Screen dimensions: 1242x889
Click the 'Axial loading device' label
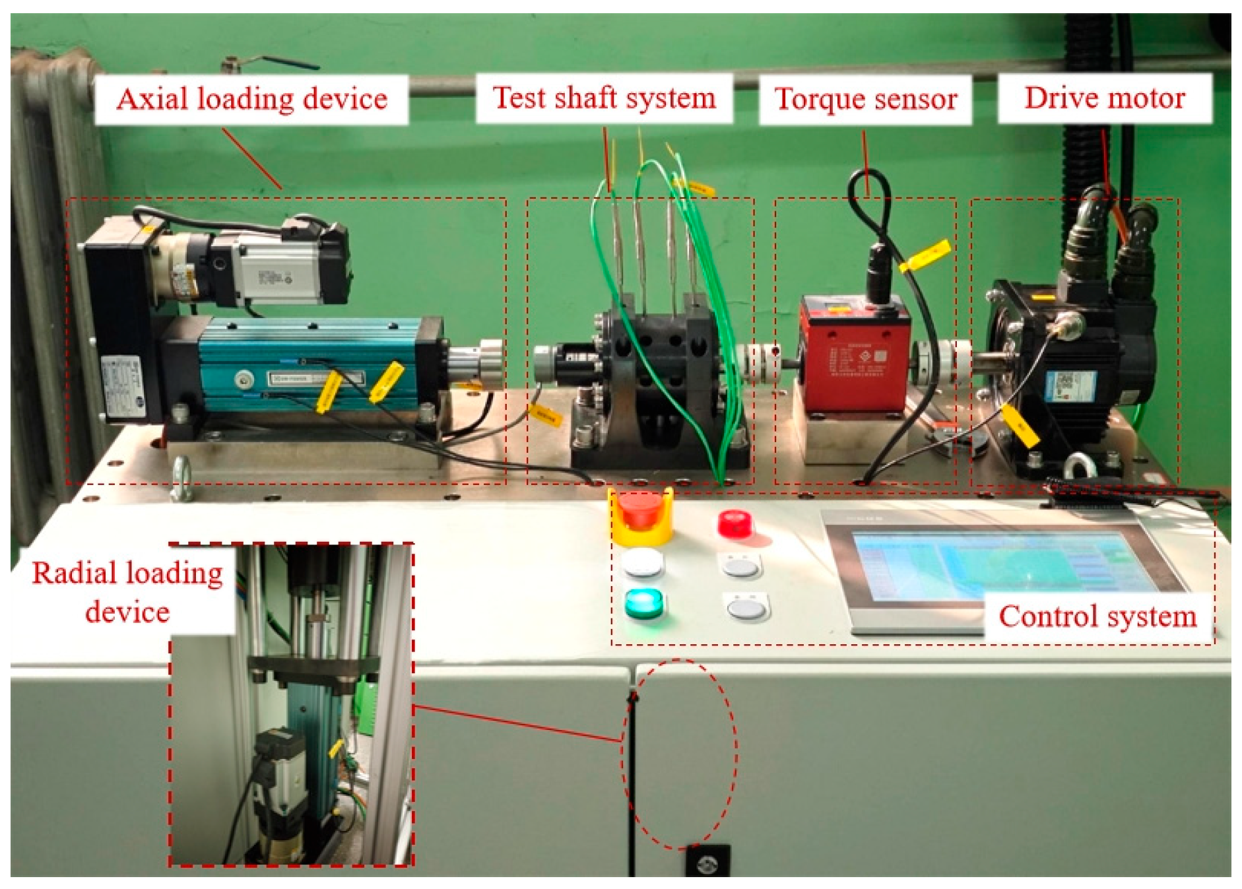click(x=251, y=100)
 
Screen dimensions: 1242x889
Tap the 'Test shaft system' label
click(x=604, y=98)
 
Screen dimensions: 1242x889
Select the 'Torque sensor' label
click(x=865, y=100)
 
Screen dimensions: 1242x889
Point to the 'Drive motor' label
click(x=1104, y=98)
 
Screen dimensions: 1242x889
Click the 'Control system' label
click(x=1097, y=617)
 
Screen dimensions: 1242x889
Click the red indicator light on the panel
click(x=735, y=523)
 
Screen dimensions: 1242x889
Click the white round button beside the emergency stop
click(x=642, y=564)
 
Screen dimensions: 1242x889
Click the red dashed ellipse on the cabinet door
click(x=680, y=752)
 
